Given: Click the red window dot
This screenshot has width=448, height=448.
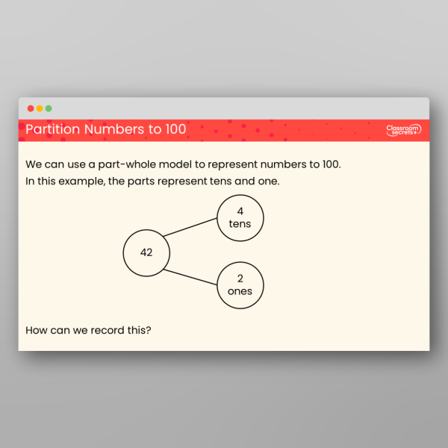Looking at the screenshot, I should pos(31,108).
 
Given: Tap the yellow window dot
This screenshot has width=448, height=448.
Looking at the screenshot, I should pos(40,108).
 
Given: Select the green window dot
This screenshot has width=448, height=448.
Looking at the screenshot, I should pos(49,108).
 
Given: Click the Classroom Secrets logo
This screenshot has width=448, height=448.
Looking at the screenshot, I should pos(404,131).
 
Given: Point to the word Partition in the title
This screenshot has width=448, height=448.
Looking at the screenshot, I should pos(53,130).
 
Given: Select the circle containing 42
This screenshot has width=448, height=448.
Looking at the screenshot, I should pos(146,252).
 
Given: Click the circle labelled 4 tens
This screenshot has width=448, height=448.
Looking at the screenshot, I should pos(240,218).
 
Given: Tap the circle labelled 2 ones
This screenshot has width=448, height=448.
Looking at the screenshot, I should pos(240,285).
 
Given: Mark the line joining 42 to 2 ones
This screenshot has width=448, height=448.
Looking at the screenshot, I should pos(191,276).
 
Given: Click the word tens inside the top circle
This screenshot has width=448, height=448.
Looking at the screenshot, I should pos(240,224).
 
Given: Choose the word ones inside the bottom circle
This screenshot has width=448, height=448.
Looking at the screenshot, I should pos(240,291).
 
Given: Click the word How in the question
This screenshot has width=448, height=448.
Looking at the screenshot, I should pos(37,329).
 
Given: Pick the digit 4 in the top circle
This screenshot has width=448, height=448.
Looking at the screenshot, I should pos(240,211).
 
